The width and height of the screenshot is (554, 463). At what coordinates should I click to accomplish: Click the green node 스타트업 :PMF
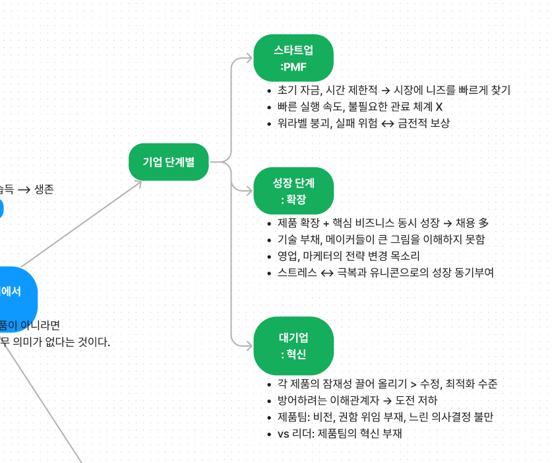pos(293,57)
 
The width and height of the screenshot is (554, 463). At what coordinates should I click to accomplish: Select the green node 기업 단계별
pos(169,161)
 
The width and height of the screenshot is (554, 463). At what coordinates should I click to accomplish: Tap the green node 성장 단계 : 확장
pos(293,191)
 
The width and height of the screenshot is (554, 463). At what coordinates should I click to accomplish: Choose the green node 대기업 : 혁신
pos(293,345)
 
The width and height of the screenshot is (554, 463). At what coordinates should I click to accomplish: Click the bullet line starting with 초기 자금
pos(394,90)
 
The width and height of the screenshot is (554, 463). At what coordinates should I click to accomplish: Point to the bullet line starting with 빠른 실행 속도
pos(360,107)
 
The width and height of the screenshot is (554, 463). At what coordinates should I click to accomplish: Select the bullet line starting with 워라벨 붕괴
pos(363,123)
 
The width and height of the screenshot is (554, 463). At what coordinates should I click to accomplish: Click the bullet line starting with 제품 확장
pos(383,223)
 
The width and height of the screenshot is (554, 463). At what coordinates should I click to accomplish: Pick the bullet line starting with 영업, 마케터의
pos(348,256)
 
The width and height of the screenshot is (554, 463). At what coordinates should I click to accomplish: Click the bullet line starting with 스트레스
pos(385,272)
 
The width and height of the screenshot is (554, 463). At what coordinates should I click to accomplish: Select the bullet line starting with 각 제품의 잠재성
pos(387,384)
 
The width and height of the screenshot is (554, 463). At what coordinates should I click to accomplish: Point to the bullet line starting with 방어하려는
pos(357,400)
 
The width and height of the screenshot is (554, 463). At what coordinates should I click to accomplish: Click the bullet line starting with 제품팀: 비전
pos(385,417)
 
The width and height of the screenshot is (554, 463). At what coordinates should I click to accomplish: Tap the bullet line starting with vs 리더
pos(339,433)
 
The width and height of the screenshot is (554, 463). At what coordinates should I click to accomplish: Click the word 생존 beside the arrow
pos(44,190)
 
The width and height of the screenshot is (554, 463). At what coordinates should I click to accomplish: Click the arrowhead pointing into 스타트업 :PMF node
pos(248,58)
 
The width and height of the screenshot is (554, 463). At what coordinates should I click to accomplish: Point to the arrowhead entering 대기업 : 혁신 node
pos(248,345)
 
